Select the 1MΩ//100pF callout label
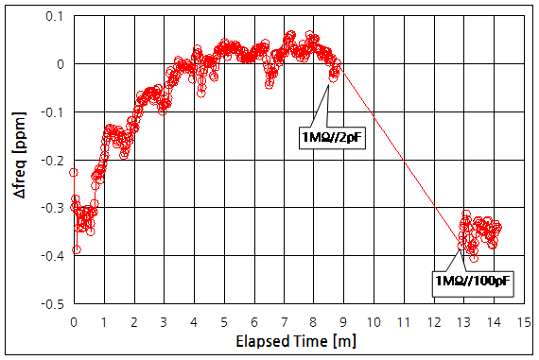465,281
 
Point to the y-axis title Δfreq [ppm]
18,160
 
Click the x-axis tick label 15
524,321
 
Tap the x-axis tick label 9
344,321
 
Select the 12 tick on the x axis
434,321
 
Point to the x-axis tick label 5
224,321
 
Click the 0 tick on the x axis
74,321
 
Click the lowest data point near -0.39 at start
77,249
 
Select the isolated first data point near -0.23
74,172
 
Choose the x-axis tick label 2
134,321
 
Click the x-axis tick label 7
284,321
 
